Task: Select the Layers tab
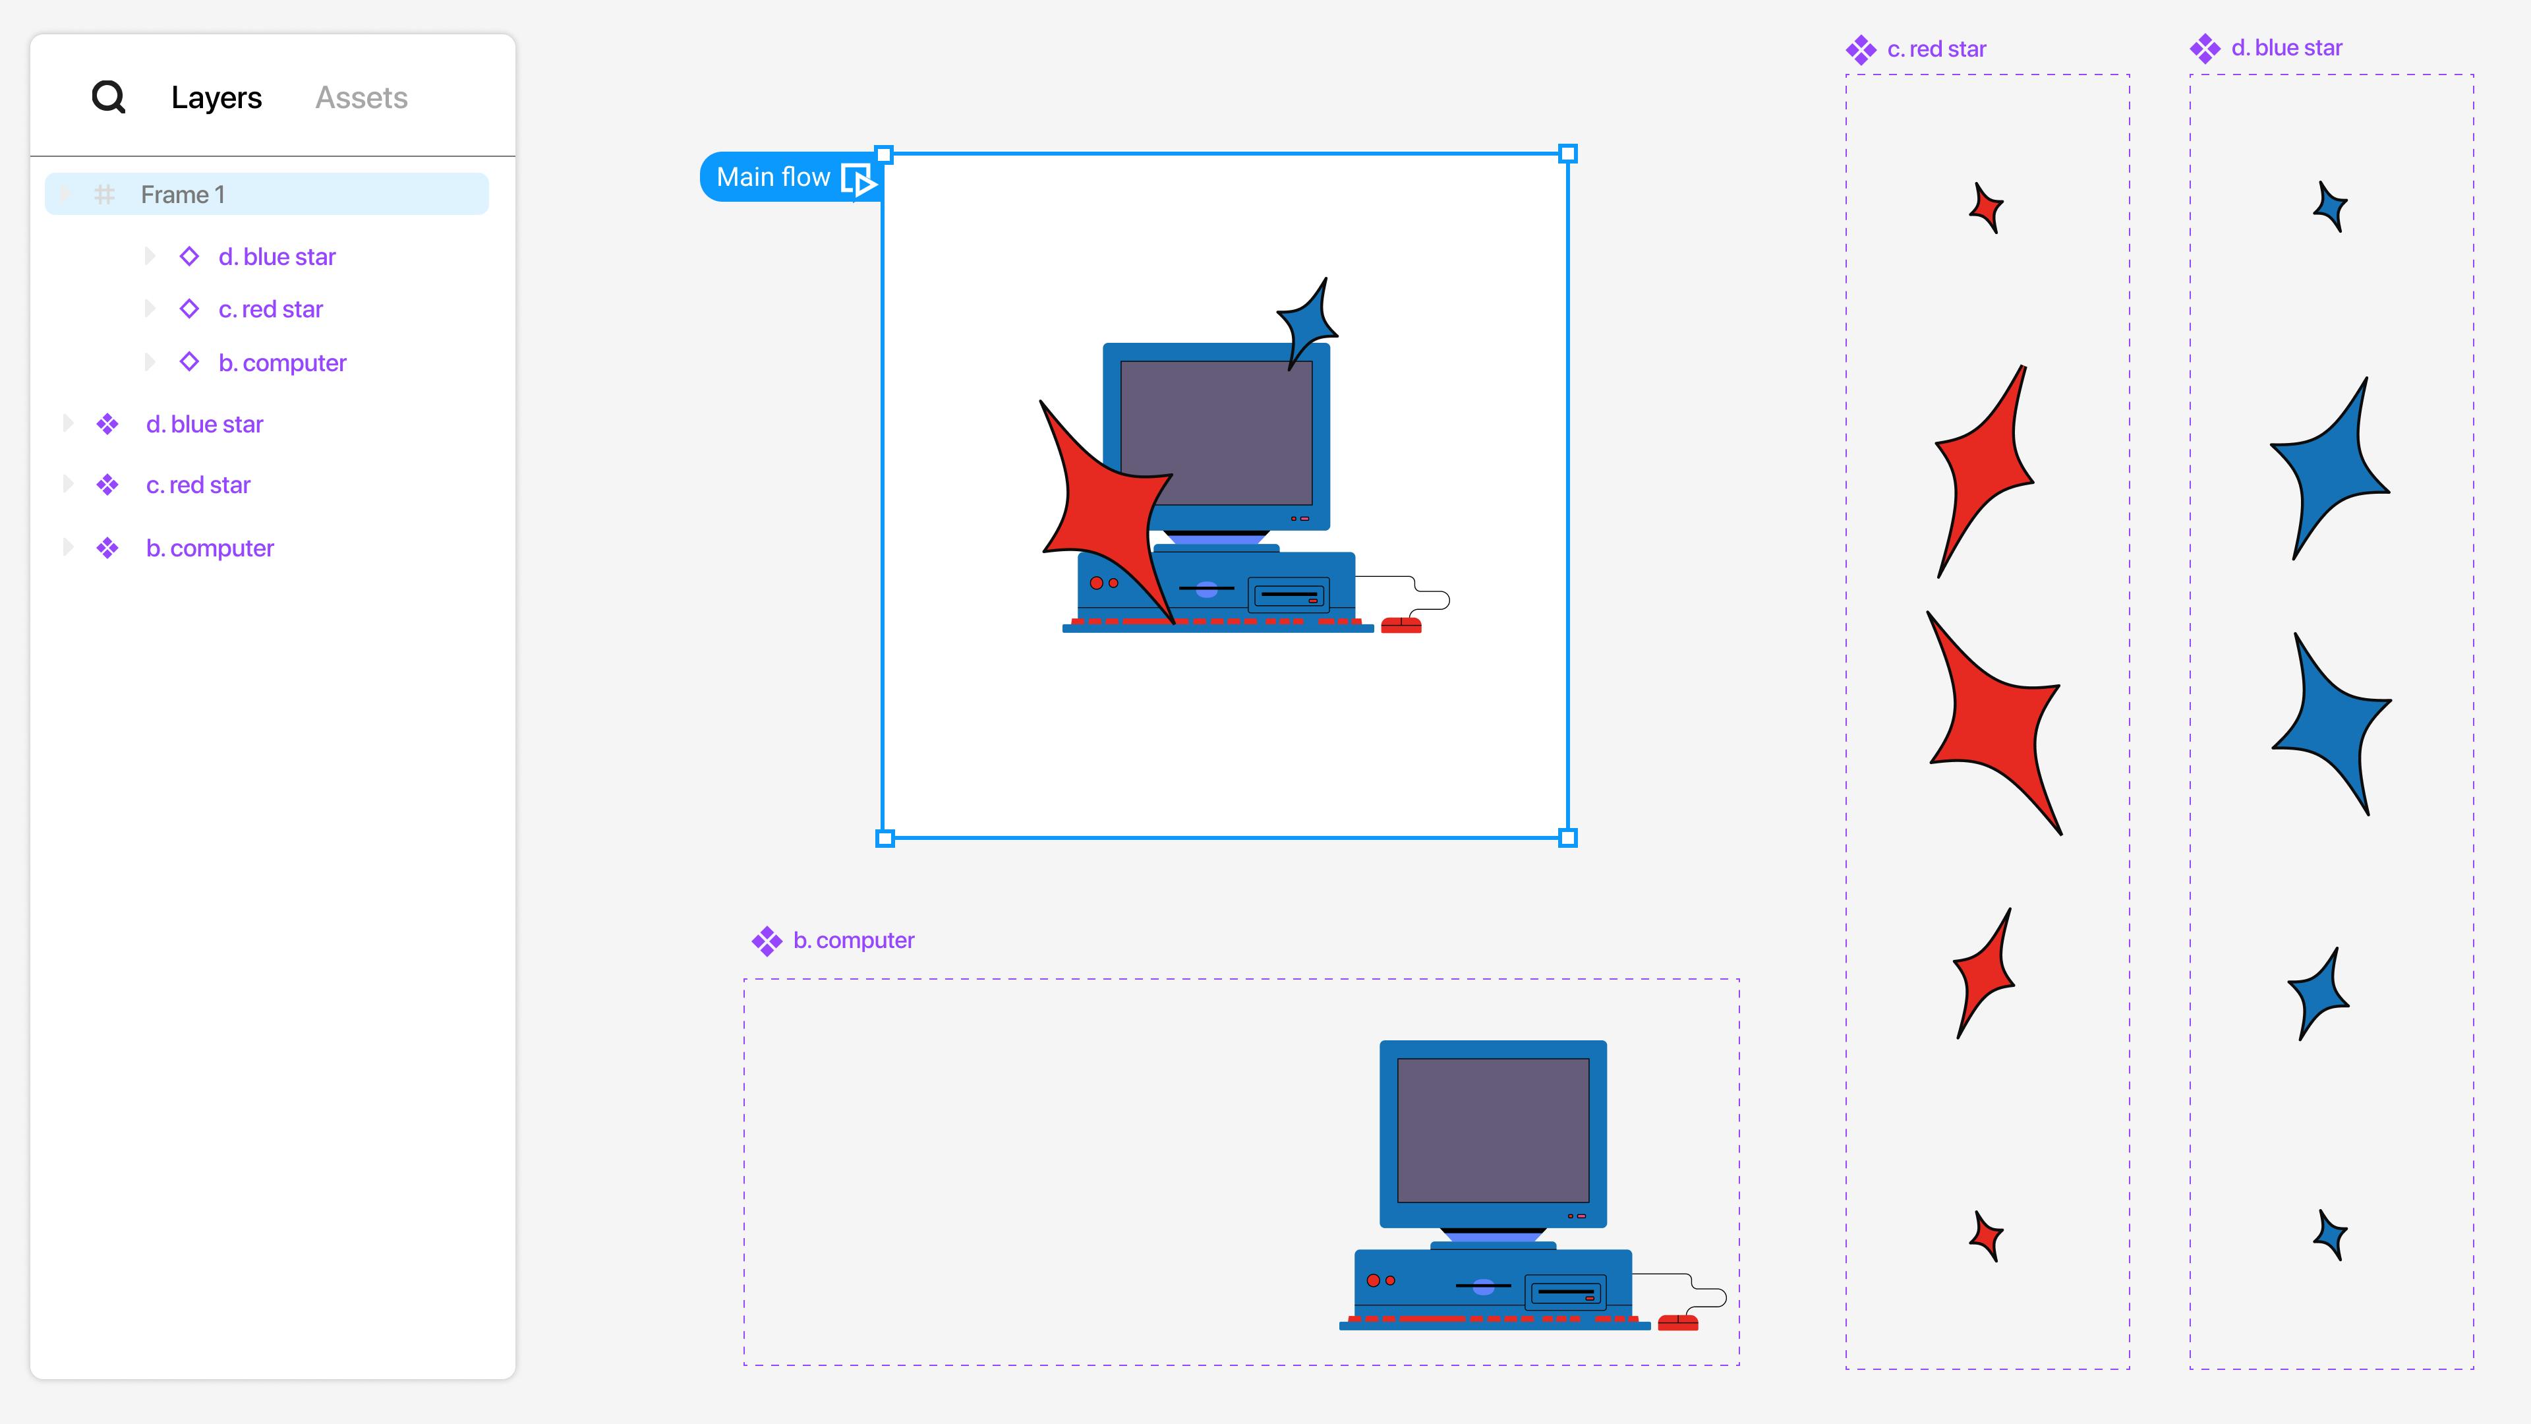(216, 98)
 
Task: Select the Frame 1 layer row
(266, 194)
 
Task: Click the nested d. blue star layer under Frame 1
(277, 256)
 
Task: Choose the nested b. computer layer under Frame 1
(282, 363)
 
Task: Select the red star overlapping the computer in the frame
(1105, 506)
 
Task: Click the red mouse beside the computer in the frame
(1401, 625)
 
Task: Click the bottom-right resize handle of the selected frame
(1568, 839)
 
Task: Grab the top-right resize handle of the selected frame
(1568, 154)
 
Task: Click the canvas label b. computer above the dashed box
(854, 941)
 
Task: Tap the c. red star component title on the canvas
(1936, 49)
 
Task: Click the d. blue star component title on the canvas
(2286, 48)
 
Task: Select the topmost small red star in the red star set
(1987, 208)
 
